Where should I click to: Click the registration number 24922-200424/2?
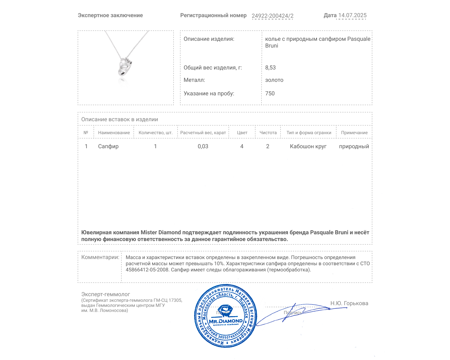tap(272, 16)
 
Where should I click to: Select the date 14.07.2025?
tap(352, 15)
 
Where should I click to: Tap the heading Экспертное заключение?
tap(110, 15)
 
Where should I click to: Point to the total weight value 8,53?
tap(270, 67)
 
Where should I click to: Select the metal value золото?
tap(274, 80)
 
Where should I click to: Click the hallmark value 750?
tap(270, 93)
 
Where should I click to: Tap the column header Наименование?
tap(114, 133)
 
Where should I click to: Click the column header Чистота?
tap(268, 133)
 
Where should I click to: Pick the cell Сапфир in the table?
tap(108, 146)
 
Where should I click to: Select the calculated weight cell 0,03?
tap(203, 146)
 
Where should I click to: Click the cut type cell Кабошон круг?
tap(308, 146)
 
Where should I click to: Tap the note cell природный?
tap(354, 146)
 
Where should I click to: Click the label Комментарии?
tap(100, 257)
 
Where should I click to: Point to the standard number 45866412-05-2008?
tap(147, 270)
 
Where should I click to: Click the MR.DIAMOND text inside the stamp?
tap(226, 321)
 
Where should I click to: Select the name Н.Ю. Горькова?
tap(349, 303)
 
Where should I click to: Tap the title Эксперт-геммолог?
tap(106, 294)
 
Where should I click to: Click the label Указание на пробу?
tap(209, 93)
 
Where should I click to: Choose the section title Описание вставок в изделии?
tap(120, 119)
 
